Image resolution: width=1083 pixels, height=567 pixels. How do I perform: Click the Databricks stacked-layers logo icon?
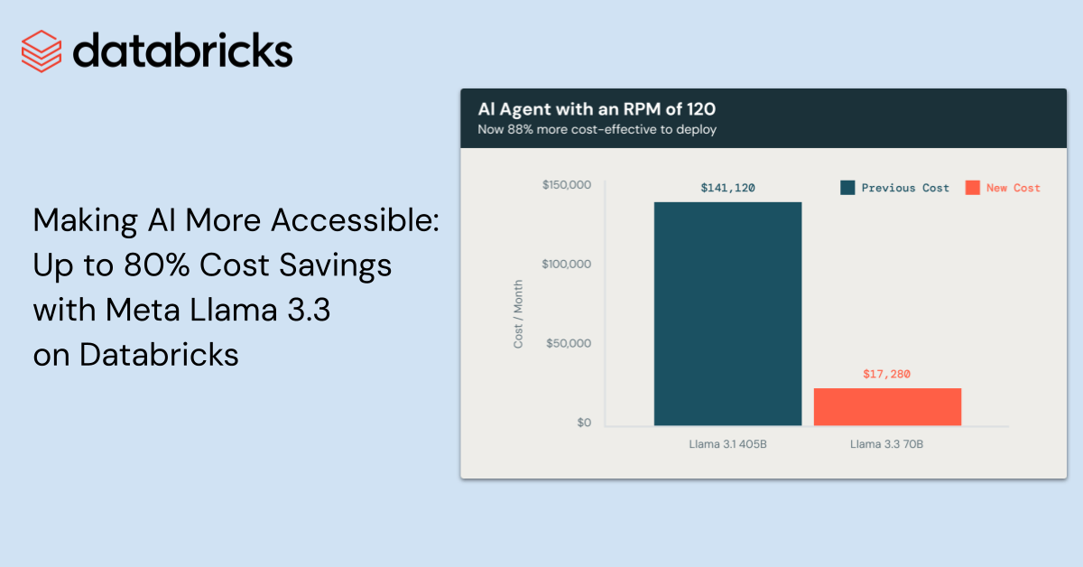pos(41,51)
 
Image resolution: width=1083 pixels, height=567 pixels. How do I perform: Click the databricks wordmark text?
pos(183,51)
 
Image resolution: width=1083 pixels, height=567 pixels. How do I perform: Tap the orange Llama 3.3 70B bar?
pos(887,406)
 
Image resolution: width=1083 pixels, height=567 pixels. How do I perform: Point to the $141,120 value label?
pos(727,188)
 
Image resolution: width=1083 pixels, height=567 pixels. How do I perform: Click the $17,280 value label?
pos(887,374)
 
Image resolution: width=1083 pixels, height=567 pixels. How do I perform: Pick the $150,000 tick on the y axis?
pos(566,185)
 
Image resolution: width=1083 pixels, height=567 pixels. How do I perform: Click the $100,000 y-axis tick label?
pos(566,265)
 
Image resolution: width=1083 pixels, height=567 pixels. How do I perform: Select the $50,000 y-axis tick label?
pos(569,344)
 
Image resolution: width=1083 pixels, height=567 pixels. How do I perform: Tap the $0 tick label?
pos(584,423)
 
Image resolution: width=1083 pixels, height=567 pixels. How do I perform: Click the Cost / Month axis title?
pos(518,314)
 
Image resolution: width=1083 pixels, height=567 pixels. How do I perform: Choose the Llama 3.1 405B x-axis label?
pos(727,443)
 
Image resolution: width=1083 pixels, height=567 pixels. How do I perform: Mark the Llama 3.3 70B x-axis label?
pos(887,443)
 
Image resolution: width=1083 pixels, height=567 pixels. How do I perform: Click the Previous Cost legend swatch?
pos(847,188)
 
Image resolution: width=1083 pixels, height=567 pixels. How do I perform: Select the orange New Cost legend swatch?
pos(972,188)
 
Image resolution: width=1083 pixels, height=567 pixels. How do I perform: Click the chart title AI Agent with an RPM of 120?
pos(596,109)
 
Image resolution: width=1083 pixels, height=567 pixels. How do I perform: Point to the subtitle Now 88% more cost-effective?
pos(597,129)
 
